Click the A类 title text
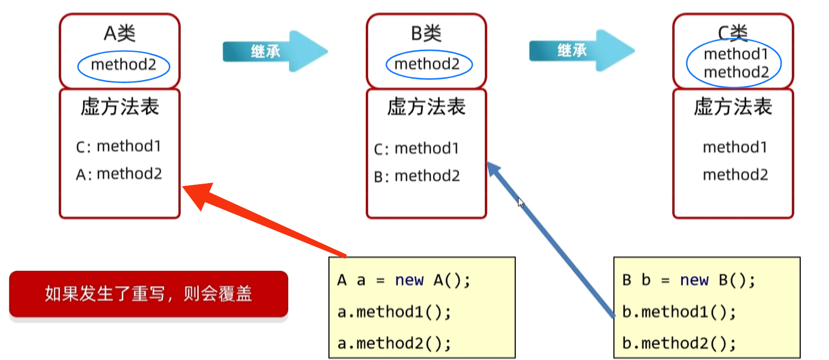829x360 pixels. [120, 34]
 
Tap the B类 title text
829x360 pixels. [426, 34]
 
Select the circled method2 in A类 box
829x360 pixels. [123, 65]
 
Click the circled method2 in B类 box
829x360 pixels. [427, 65]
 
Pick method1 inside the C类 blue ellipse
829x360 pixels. [736, 54]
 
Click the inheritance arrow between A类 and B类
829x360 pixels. [274, 52]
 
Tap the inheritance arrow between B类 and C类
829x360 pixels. [581, 51]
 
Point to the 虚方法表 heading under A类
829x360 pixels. [120, 106]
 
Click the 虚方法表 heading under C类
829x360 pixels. [733, 106]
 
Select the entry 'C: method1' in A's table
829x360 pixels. [119, 147]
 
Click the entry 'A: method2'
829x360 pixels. [119, 174]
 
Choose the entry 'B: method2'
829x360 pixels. [417, 176]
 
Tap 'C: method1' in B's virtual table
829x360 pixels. [416, 149]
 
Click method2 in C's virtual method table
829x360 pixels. [735, 175]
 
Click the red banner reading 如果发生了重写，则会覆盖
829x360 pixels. [148, 294]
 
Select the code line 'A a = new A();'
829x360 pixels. [404, 280]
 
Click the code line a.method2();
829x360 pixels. [394, 343]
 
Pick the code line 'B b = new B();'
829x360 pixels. [688, 280]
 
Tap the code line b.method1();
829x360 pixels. [679, 312]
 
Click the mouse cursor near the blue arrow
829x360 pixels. [520, 202]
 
